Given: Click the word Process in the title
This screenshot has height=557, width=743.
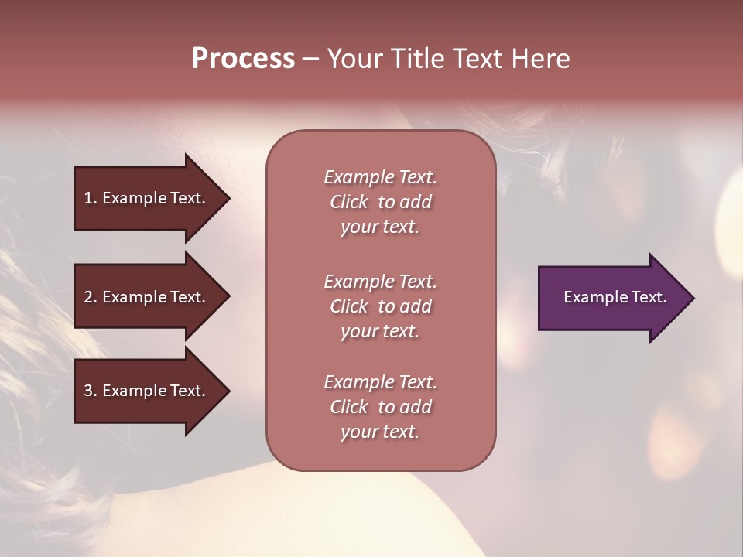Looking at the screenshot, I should (243, 59).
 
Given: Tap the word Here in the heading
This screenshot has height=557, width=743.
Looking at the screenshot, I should (539, 59).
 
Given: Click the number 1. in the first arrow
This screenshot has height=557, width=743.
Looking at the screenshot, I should (90, 198).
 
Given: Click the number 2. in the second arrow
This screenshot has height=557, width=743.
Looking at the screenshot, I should (90, 297).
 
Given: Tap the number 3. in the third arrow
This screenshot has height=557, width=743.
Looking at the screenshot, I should (90, 391).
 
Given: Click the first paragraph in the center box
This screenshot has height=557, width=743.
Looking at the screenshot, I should (380, 202).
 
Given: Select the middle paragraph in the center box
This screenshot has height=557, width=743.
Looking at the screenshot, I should (380, 306).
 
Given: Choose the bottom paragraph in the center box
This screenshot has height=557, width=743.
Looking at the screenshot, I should (380, 407).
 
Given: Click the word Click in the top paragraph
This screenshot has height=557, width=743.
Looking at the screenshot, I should (349, 202).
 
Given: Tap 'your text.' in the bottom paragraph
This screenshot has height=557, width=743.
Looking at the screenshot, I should (380, 432).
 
